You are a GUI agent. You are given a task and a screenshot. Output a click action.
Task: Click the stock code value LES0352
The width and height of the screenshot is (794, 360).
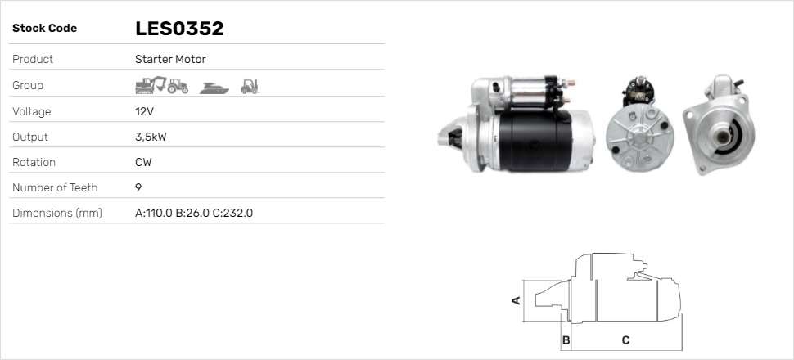tap(179, 29)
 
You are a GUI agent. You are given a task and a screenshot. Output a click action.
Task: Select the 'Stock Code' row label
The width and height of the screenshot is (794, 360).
tap(44, 29)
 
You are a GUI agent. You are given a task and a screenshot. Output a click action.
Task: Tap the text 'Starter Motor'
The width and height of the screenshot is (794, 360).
tap(170, 59)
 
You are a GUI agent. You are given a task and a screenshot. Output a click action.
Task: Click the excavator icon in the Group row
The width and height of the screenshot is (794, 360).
tap(150, 85)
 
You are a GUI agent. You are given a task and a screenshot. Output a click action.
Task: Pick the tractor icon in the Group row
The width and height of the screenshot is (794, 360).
tap(178, 85)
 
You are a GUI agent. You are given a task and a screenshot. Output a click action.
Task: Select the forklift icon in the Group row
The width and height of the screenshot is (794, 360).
tap(250, 85)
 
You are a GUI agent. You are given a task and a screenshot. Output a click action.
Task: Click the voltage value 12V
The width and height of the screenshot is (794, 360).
tap(144, 111)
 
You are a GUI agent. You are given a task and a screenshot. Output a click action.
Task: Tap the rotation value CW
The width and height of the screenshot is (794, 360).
tap(143, 162)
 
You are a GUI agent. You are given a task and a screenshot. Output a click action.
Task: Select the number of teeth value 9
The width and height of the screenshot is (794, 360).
tap(138, 187)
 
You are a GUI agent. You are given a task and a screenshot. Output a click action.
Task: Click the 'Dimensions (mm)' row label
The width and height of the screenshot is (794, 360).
tap(56, 214)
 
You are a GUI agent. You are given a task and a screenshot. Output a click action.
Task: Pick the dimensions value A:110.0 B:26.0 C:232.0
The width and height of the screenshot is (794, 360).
tap(194, 214)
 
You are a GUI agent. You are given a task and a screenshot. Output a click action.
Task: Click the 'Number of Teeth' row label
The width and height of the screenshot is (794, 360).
tap(55, 187)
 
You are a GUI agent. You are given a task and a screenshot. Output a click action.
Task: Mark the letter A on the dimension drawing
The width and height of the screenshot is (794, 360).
tap(516, 300)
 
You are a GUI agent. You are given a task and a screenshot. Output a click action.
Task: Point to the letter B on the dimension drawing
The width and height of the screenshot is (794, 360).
tap(566, 340)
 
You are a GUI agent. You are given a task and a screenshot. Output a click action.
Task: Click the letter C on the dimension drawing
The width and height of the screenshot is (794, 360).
tap(625, 340)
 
